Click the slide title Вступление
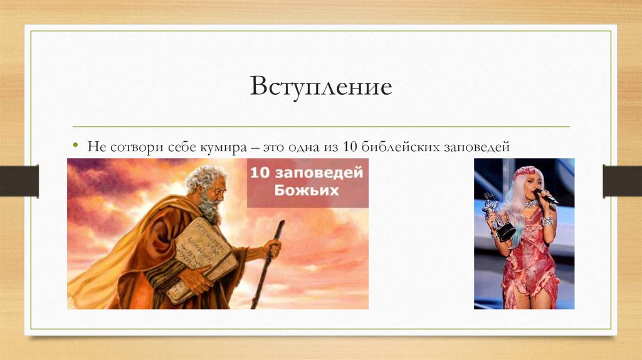(321, 87)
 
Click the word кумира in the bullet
(224, 147)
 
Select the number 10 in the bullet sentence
(350, 146)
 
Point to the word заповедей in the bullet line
(477, 147)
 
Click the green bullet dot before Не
(75, 145)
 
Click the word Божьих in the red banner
(307, 190)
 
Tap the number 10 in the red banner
(260, 172)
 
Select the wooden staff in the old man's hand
(268, 264)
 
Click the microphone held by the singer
(546, 196)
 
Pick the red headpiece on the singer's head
(528, 171)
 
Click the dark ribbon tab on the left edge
(19, 181)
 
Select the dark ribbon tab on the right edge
(623, 181)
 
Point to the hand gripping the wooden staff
(272, 248)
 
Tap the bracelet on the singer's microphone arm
(547, 221)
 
